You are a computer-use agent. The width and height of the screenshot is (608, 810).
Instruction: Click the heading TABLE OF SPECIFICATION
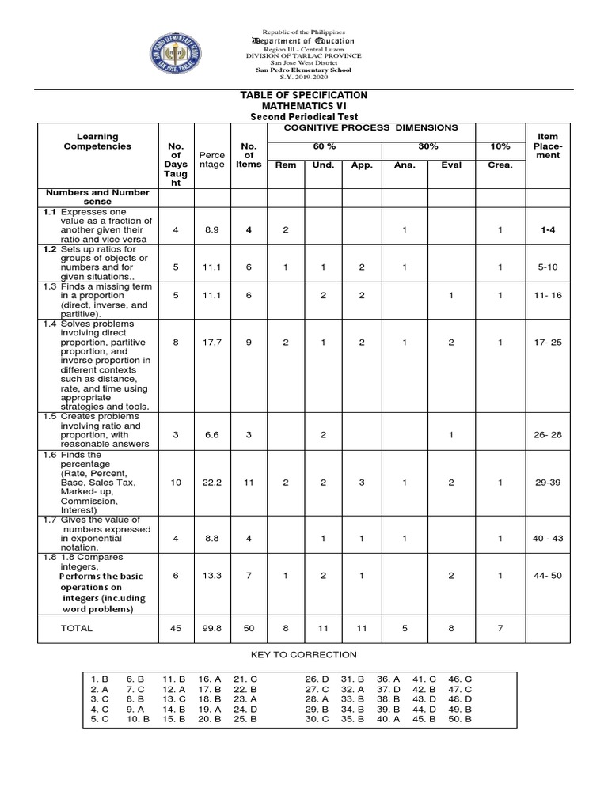(x=304, y=95)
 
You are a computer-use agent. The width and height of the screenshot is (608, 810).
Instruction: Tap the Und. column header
(x=323, y=165)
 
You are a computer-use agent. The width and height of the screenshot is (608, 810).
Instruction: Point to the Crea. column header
(x=500, y=165)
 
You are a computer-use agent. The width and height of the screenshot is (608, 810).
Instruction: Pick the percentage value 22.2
(x=211, y=483)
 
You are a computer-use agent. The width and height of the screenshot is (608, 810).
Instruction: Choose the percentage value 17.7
(x=211, y=343)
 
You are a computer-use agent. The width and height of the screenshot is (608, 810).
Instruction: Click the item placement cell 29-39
(x=548, y=483)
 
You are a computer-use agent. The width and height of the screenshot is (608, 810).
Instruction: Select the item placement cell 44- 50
(x=548, y=576)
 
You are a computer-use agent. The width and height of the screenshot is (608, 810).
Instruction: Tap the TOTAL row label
(x=77, y=628)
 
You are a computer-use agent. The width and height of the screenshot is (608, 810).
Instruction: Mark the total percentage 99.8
(x=211, y=628)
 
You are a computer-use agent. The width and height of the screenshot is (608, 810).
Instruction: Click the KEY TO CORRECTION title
(x=304, y=655)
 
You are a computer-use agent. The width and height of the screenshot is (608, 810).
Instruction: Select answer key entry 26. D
(x=317, y=679)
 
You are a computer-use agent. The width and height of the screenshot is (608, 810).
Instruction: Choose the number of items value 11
(x=249, y=483)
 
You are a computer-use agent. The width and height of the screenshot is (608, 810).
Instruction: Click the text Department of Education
(x=303, y=40)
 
